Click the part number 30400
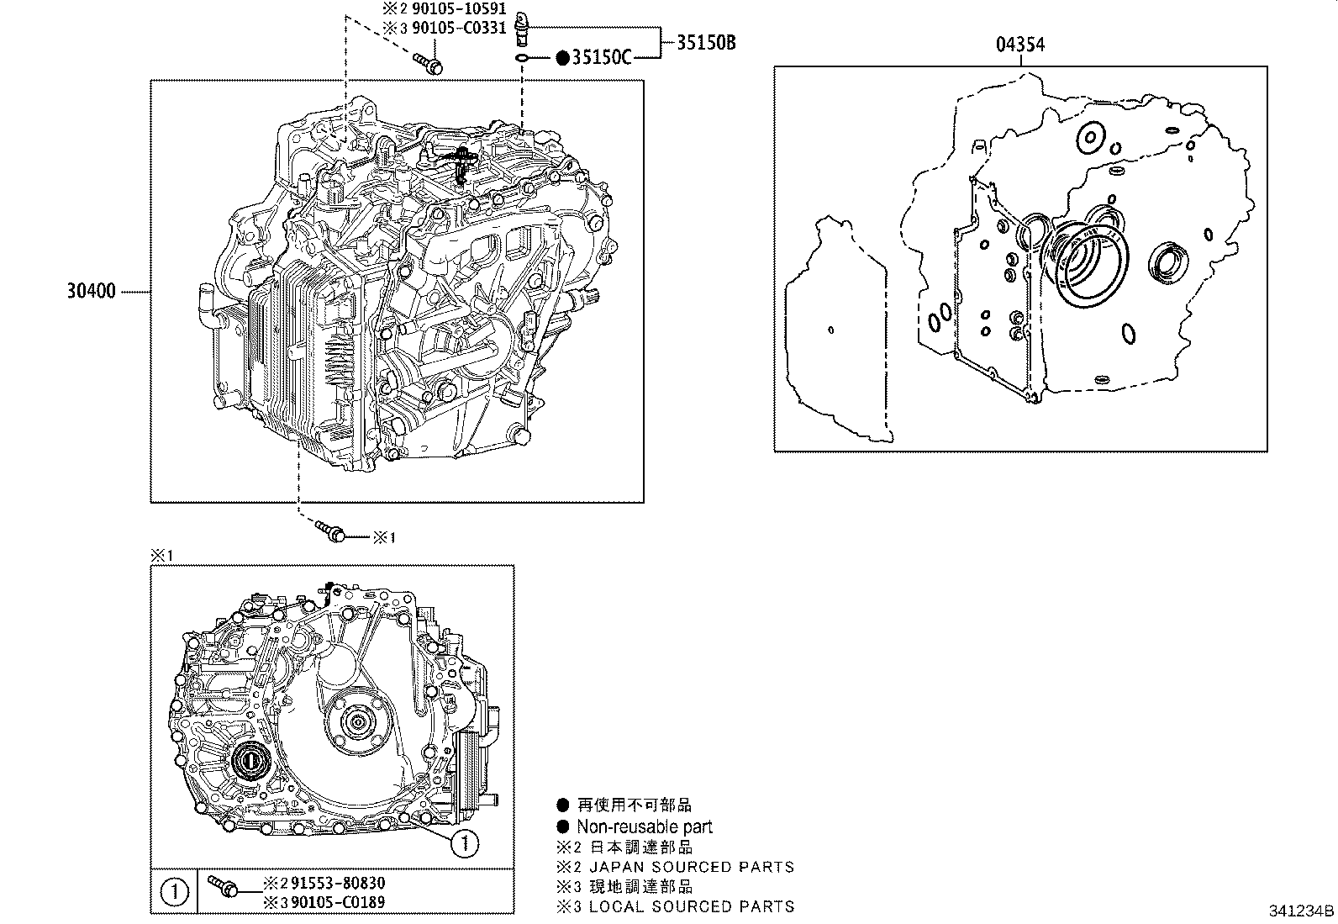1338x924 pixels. pyautogui.click(x=92, y=293)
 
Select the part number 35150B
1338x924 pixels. pyautogui.click(x=706, y=41)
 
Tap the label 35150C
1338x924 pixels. pyautogui.click(x=601, y=57)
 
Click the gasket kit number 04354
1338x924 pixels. pyautogui.click(x=1020, y=45)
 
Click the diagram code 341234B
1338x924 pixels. pyautogui.click(x=1301, y=911)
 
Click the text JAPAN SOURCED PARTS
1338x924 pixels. pyautogui.click(x=691, y=867)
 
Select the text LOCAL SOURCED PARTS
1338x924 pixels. pyautogui.click(x=691, y=906)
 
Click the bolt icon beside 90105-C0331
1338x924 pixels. pyautogui.click(x=429, y=63)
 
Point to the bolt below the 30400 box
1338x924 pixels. pyautogui.click(x=330, y=531)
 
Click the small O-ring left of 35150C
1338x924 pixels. pyautogui.click(x=521, y=57)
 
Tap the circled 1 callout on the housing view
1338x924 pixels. pyautogui.click(x=464, y=842)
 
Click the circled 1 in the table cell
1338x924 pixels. pyautogui.click(x=173, y=892)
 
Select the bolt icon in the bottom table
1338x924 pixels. pyautogui.click(x=222, y=886)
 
